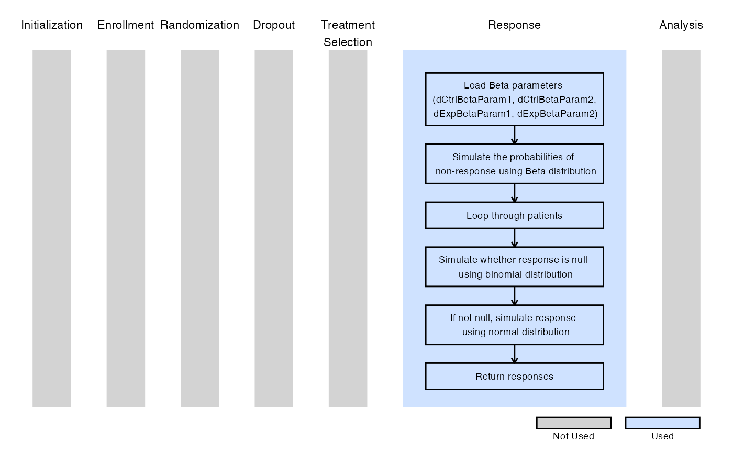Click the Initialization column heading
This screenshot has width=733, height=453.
[x=52, y=25]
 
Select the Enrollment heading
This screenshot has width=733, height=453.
[x=126, y=25]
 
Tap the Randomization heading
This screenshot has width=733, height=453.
[x=199, y=25]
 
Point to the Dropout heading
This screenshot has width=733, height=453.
[x=274, y=25]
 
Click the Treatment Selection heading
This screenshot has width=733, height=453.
[x=348, y=34]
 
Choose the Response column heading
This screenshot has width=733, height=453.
[x=514, y=25]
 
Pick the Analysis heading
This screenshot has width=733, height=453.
[x=681, y=25]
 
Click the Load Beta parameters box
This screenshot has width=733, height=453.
[x=514, y=99]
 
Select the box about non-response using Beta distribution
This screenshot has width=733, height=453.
[x=514, y=164]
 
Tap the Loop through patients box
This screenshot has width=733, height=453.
[x=514, y=215]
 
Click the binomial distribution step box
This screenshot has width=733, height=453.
[x=514, y=267]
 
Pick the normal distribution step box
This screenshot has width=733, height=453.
[x=514, y=325]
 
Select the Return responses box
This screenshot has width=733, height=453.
[x=514, y=377]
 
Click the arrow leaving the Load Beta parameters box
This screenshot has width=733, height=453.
[x=514, y=135]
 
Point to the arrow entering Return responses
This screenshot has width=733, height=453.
[x=514, y=354]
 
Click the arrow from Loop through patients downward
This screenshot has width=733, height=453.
[x=514, y=238]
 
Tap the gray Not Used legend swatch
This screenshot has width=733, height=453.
[x=574, y=423]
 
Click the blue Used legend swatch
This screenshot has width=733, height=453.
[x=663, y=423]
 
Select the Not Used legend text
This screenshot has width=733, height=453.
[x=574, y=436]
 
